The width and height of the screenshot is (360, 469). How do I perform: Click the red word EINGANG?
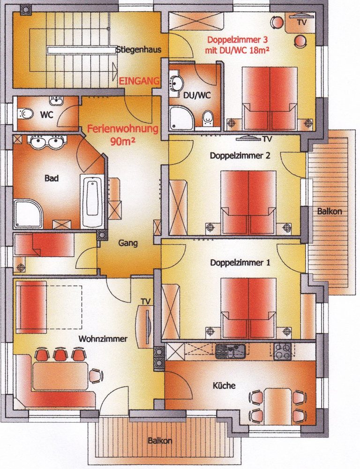[x=139, y=81]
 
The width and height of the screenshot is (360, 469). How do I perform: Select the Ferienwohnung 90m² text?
[x=123, y=134]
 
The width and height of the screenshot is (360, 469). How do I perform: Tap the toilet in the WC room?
[x=26, y=114]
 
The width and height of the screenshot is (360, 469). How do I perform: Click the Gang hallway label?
[x=127, y=243]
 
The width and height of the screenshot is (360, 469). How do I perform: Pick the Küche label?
[x=224, y=386]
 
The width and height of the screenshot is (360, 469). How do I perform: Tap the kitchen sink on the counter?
[x=230, y=350]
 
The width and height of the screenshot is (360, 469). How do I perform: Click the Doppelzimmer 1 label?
[x=240, y=263]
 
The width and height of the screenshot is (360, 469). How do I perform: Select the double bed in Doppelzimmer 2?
[x=248, y=202]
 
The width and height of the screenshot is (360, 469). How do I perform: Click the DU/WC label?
[x=196, y=95]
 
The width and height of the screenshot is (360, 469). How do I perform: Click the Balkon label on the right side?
[x=329, y=212]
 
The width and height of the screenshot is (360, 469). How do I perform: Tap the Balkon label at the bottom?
[x=160, y=441]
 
